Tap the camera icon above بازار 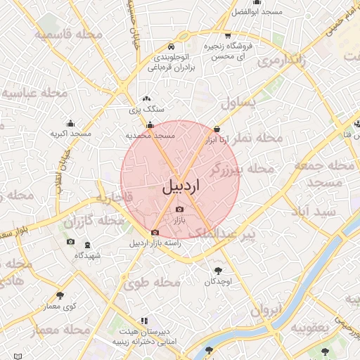click(179, 210)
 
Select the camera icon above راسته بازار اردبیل click(155, 233)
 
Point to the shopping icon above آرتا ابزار click(217, 129)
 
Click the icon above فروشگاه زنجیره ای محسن click(227, 35)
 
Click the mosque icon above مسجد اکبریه click(70, 122)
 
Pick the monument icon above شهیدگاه click(86, 245)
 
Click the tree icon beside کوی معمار click(60, 296)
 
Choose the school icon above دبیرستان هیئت click(144, 320)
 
